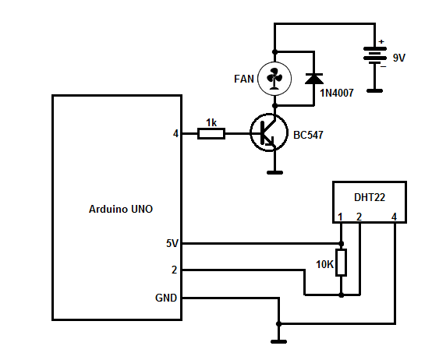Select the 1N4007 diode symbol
[x=313, y=78]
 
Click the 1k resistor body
[x=211, y=134]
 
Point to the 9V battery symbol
[x=375, y=57]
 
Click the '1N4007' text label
[x=337, y=94]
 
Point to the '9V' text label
[x=398, y=58]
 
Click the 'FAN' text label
[x=243, y=79]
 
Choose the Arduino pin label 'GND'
[x=167, y=298]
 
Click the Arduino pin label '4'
[x=175, y=134]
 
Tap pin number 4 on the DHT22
[x=395, y=217]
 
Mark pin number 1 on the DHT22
[x=341, y=217]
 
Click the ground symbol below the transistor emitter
[x=274, y=171]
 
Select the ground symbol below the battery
[x=375, y=90]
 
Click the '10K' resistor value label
[x=324, y=265]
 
